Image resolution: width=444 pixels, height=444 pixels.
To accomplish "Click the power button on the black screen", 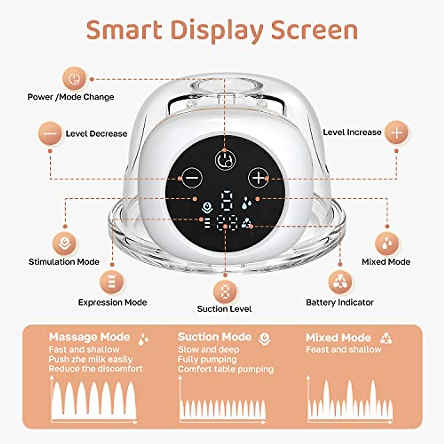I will (225, 160).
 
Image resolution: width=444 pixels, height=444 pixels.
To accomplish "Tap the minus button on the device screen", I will (192, 178).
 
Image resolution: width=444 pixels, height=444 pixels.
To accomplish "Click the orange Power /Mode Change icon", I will (75, 78).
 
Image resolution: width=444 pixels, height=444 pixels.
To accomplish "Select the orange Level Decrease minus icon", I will (50, 133).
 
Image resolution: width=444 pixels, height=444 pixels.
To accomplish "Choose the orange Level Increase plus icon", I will (396, 133).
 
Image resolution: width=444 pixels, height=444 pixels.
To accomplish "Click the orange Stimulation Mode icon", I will (65, 243).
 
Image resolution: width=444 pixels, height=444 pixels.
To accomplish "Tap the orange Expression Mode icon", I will (112, 282).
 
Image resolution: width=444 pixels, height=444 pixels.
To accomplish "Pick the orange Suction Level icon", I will (225, 291).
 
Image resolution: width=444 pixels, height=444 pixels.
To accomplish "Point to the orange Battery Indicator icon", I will (340, 282).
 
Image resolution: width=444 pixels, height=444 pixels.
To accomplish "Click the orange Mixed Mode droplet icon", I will (387, 243).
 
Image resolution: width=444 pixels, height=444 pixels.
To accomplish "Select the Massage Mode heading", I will (90, 337).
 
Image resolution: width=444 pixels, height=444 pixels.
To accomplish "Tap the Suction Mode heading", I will (215, 337).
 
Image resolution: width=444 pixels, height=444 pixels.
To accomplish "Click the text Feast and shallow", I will (343, 350).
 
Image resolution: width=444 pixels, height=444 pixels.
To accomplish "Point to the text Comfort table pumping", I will (226, 369).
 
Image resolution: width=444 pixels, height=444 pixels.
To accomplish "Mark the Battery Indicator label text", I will (340, 302).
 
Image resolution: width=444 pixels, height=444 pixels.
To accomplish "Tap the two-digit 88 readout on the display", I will (226, 223).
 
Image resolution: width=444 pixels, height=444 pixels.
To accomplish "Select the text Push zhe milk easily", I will (90, 359).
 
